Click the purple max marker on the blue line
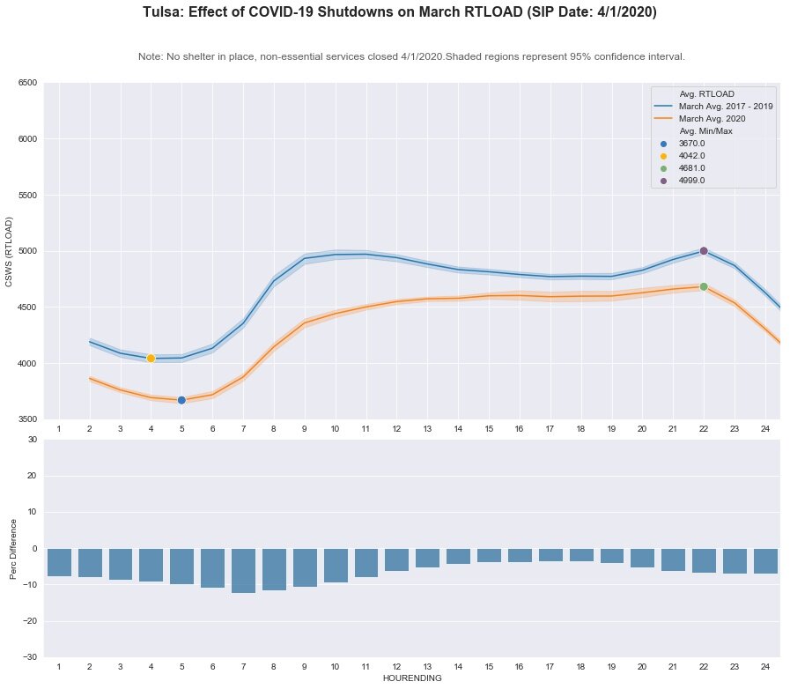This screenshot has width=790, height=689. pos(704,251)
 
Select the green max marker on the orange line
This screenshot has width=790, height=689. pos(704,286)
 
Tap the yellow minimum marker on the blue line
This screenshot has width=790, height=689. pos(151,358)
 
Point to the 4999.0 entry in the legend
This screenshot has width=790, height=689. pos(692,180)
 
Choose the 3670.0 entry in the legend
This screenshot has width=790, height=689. pos(692,143)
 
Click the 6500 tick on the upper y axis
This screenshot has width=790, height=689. pos(27,83)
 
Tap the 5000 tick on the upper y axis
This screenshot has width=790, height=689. pos(27,251)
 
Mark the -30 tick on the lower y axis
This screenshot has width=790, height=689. pos(31,657)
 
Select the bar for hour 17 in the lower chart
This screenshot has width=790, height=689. pos(550,555)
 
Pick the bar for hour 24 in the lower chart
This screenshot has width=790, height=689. pos(765,561)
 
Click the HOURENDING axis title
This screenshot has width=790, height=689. pos(411,679)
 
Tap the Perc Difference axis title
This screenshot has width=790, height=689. pos(11,548)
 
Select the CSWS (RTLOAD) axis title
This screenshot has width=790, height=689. pos(10,251)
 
